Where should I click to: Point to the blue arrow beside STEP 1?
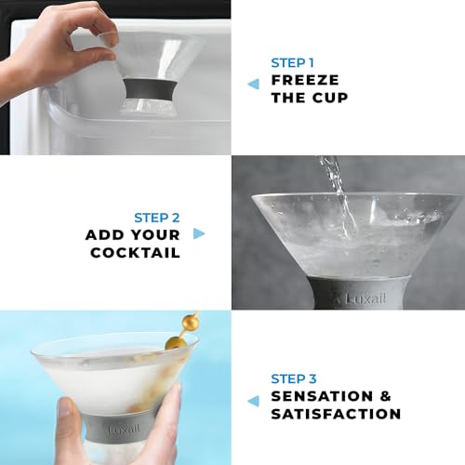click(253, 84)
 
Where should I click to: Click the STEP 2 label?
click(156, 217)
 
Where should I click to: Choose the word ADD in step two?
click(104, 234)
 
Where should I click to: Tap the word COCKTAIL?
click(136, 252)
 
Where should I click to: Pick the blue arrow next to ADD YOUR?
click(198, 234)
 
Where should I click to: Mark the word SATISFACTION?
click(336, 414)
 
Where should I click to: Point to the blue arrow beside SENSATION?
click(253, 401)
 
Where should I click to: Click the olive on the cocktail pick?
click(174, 342)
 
